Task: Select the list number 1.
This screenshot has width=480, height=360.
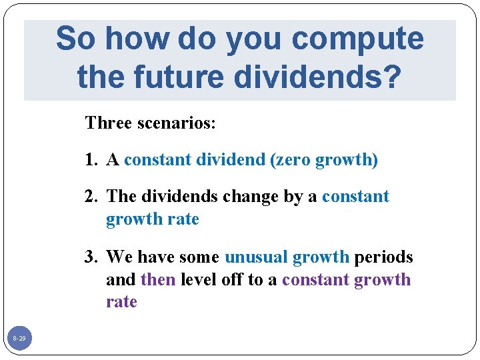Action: pos(91,159)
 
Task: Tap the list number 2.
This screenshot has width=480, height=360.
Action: pos(91,197)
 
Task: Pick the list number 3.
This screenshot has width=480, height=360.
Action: pos(91,257)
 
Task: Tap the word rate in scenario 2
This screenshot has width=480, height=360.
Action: pos(183,219)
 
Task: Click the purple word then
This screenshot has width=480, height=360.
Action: pos(158,279)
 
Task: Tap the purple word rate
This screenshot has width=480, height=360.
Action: pos(121,301)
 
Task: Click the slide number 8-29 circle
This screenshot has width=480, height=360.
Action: pos(19,339)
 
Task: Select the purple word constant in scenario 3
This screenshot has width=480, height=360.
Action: pos(315,279)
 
